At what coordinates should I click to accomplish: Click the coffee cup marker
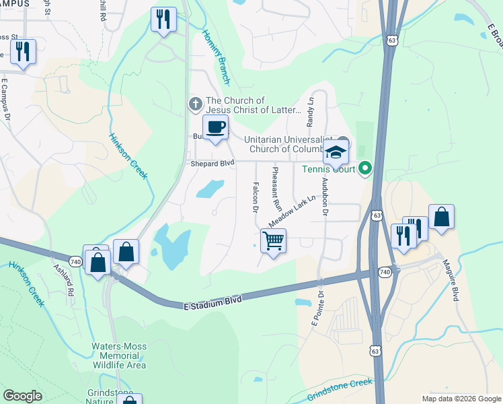(215, 127)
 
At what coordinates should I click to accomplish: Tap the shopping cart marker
(273, 241)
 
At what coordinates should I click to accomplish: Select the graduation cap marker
(336, 153)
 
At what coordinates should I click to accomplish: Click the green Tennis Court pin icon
(365, 168)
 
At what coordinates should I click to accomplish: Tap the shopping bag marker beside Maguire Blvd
(441, 217)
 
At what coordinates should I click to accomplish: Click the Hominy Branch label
(217, 59)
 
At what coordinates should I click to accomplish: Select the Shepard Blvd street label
(210, 163)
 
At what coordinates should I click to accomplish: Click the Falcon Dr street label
(256, 196)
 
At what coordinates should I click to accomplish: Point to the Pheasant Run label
(276, 191)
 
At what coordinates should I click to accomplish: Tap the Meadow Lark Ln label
(292, 211)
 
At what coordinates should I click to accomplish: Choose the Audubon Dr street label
(325, 196)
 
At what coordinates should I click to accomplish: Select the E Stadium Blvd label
(212, 302)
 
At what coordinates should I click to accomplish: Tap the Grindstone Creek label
(340, 389)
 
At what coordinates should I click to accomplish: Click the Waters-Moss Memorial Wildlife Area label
(119, 356)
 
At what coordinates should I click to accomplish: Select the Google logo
(22, 396)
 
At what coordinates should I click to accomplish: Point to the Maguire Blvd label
(455, 285)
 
